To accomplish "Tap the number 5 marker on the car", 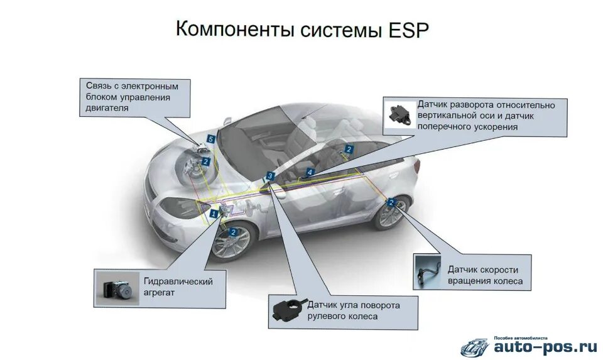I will (x=211, y=138).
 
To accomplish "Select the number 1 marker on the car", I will (x=214, y=214).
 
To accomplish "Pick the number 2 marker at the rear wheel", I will (x=391, y=203).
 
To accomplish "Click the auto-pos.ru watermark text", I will (x=545, y=346).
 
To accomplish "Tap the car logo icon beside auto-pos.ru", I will (x=475, y=346).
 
